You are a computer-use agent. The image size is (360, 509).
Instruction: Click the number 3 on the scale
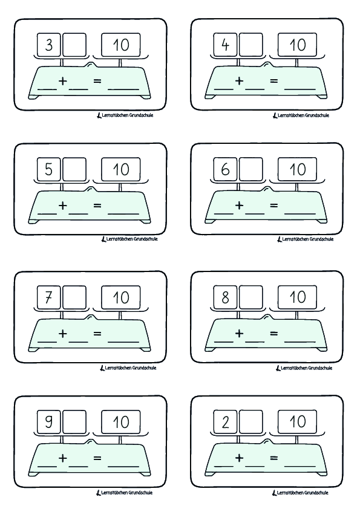click(x=49, y=45)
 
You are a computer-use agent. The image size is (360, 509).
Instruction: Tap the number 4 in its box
click(x=226, y=45)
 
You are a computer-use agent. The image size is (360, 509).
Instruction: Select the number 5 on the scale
click(x=49, y=170)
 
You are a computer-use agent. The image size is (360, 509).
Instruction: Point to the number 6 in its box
click(x=226, y=170)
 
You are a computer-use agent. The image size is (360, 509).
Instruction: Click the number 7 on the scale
click(x=49, y=297)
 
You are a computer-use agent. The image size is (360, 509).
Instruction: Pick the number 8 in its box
click(x=226, y=297)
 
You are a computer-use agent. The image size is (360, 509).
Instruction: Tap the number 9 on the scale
click(x=49, y=422)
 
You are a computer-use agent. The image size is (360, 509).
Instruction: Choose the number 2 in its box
click(x=226, y=422)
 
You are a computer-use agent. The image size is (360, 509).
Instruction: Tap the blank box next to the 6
click(x=251, y=170)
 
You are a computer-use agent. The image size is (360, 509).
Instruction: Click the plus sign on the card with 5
click(x=62, y=206)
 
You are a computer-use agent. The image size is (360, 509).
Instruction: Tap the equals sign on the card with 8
click(x=273, y=333)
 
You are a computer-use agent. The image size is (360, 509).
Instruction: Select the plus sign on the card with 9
click(x=62, y=458)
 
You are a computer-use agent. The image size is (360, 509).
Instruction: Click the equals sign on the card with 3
click(x=97, y=81)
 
